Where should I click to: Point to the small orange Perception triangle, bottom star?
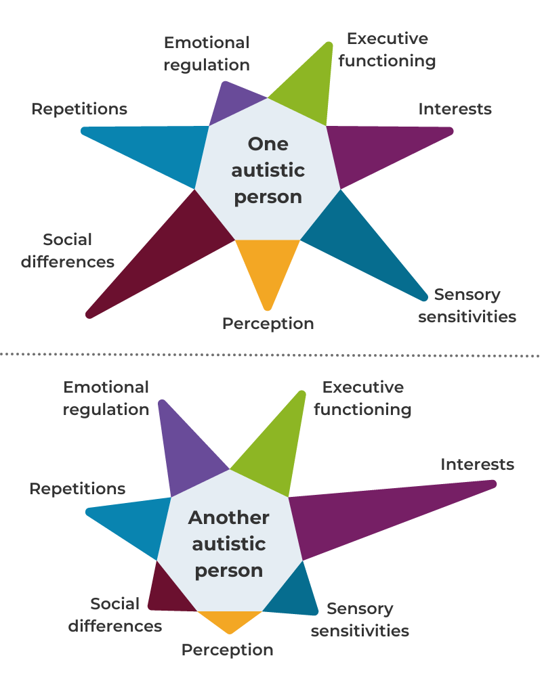point(230,620)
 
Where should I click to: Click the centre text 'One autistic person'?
point(268,170)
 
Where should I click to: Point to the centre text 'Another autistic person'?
point(229,544)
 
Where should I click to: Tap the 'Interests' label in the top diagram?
point(455,108)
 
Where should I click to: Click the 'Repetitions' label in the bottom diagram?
point(77,488)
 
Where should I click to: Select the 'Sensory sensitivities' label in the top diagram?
point(467,305)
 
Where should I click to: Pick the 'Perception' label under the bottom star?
point(227,650)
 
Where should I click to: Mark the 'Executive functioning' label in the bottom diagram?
point(362,398)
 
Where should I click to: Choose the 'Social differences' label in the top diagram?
point(68,250)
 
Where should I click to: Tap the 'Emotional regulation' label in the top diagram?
point(207,53)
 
